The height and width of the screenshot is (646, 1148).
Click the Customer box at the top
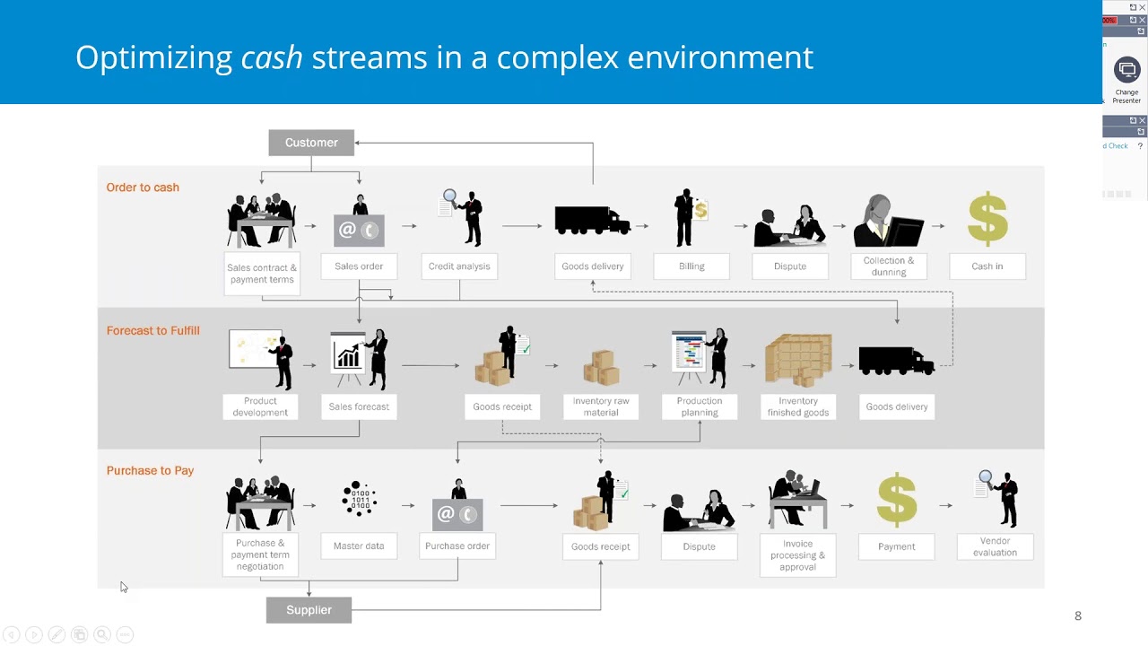(x=311, y=143)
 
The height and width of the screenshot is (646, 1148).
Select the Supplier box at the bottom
(x=309, y=610)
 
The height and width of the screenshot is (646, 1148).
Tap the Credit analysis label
(x=459, y=266)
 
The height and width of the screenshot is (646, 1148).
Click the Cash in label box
(x=987, y=266)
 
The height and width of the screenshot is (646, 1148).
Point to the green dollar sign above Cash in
(x=987, y=218)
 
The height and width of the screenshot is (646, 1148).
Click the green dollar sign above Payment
(x=897, y=500)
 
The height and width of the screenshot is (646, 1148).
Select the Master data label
(x=359, y=546)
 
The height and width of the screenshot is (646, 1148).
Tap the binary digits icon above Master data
(x=360, y=499)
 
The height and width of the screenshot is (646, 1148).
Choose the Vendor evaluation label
(x=995, y=547)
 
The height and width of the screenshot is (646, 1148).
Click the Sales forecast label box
(x=359, y=406)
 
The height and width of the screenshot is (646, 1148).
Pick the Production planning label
(x=700, y=406)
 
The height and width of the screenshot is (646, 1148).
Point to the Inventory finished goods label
(x=798, y=406)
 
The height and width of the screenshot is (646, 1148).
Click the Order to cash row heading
(x=143, y=188)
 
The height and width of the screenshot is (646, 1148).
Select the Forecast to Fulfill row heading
(x=152, y=331)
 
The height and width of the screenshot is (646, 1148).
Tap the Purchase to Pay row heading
(x=150, y=471)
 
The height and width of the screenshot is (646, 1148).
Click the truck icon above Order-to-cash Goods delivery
(x=592, y=220)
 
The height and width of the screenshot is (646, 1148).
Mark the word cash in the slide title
(x=272, y=57)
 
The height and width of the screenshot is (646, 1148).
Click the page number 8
(x=1078, y=615)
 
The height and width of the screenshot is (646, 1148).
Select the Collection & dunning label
(x=888, y=266)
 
